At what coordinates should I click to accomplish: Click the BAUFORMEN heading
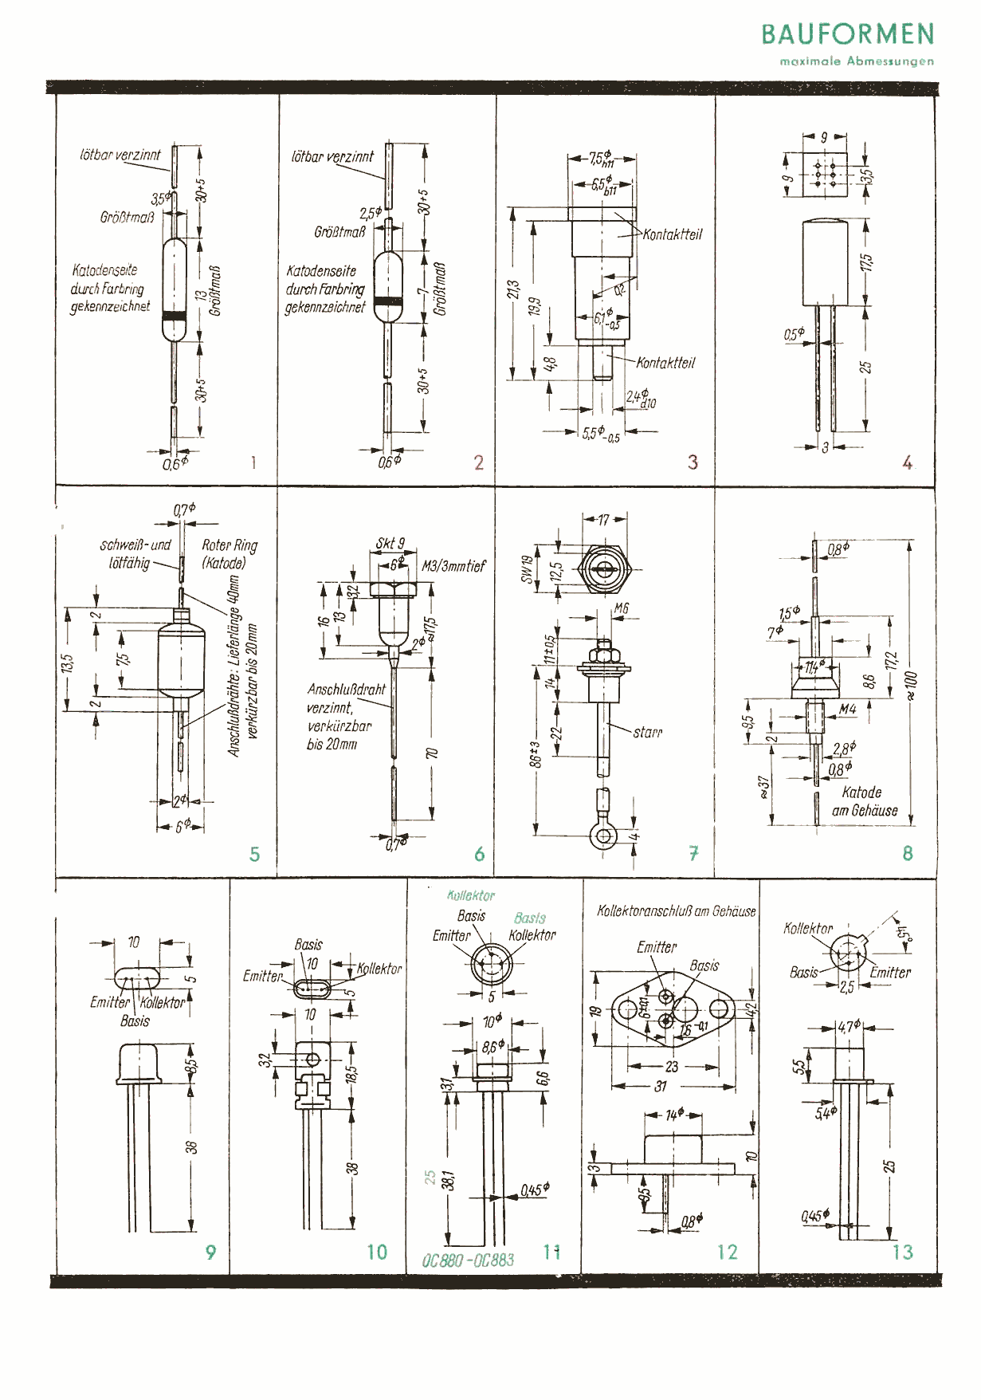[x=847, y=34]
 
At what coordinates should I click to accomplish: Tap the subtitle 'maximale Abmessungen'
[x=857, y=61]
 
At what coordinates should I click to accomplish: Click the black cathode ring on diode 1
[x=174, y=316]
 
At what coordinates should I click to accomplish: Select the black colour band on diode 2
[x=387, y=301]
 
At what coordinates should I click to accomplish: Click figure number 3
[x=693, y=462]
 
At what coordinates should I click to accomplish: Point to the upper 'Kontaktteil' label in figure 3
[x=673, y=234]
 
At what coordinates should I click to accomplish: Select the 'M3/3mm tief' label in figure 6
[x=453, y=566]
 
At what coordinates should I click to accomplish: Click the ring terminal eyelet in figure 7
[x=603, y=836]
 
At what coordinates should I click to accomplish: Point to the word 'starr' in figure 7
[x=647, y=732]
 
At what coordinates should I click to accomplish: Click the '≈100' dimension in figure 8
[x=912, y=685]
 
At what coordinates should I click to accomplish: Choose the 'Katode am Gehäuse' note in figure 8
[x=864, y=801]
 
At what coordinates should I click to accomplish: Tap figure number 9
[x=210, y=1252]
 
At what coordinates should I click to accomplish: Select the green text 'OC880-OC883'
[x=468, y=1260]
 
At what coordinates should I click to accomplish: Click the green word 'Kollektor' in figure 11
[x=471, y=895]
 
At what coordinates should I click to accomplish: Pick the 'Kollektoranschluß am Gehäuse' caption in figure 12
[x=677, y=910]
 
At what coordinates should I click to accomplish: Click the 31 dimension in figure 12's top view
[x=661, y=1085]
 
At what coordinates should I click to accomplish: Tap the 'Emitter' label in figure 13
[x=890, y=972]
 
